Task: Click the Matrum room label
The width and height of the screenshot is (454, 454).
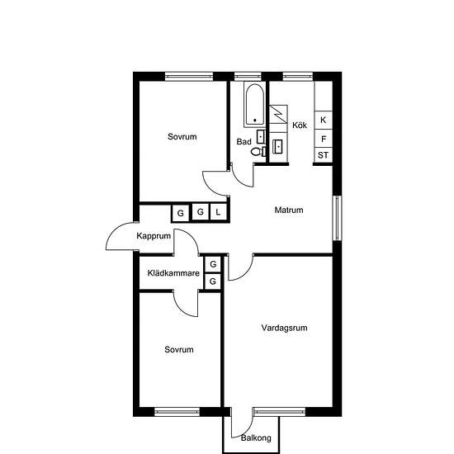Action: [x=289, y=210]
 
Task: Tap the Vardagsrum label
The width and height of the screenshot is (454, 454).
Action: [x=284, y=328]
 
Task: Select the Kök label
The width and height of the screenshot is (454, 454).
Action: [x=300, y=125]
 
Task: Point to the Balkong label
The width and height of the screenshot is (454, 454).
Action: [x=256, y=437]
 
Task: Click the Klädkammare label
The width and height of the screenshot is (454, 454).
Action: [x=173, y=273]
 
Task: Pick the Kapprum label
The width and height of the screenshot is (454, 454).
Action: [x=154, y=236]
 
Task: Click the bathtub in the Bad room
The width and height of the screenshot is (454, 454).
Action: [x=254, y=105]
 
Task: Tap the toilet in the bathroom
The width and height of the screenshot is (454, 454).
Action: [x=258, y=151]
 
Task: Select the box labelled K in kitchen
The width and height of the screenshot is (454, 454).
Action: [x=324, y=120]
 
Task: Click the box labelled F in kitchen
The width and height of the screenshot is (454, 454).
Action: [x=324, y=139]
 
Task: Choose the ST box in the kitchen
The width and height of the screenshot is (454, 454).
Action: [x=324, y=155]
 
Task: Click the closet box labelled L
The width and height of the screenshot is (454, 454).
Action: [x=218, y=212]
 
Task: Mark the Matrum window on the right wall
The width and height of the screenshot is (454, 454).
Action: [x=337, y=218]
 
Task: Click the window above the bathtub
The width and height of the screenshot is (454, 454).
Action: [x=248, y=77]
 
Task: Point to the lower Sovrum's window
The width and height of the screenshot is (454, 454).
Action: [x=177, y=412]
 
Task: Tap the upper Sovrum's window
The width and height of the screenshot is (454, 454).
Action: [x=189, y=77]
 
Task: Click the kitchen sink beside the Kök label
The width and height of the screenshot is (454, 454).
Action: [x=278, y=146]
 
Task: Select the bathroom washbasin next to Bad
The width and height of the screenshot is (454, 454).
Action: [x=261, y=137]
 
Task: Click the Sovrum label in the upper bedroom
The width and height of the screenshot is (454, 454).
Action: [x=182, y=136]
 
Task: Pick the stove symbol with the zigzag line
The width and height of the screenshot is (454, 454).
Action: [x=278, y=115]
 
